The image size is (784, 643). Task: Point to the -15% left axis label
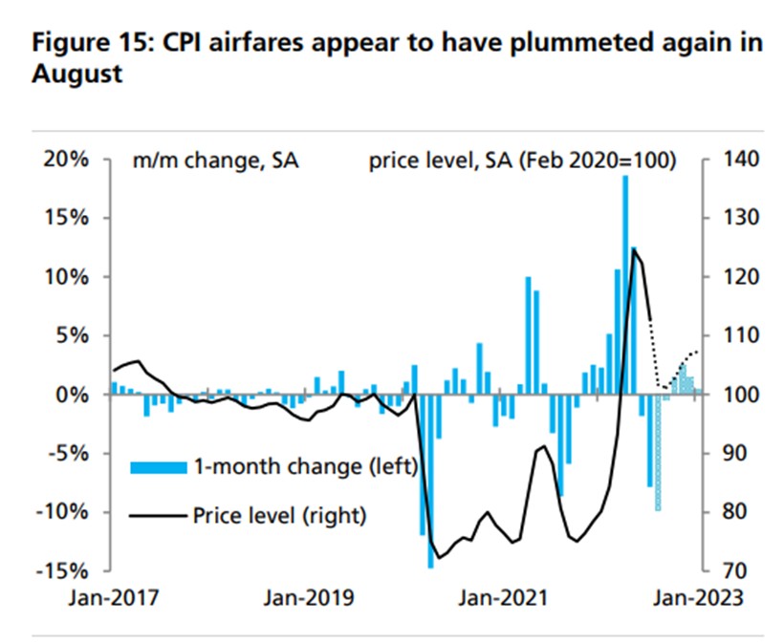[x=64, y=571]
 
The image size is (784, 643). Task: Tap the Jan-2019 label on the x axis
[x=309, y=599]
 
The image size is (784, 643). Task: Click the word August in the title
[x=77, y=75]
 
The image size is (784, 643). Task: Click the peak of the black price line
[x=634, y=249]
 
